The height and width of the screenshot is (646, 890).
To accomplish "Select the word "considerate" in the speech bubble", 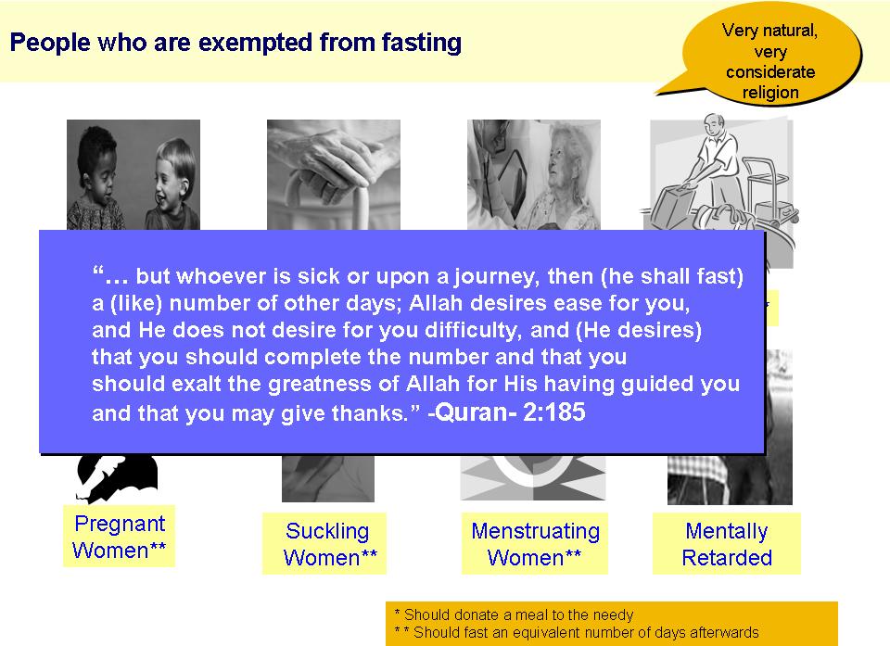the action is (770, 72).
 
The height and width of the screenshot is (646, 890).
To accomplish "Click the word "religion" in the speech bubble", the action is (770, 92).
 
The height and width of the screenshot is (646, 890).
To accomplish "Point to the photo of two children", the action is (133, 175).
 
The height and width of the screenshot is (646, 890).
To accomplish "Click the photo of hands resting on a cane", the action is (334, 175).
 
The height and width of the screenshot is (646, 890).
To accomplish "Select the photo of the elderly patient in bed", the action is (534, 175).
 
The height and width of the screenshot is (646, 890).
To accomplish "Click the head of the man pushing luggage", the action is (715, 125).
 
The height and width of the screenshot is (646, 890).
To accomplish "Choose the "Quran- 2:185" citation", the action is (506, 412).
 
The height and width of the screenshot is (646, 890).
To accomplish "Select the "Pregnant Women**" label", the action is (120, 537).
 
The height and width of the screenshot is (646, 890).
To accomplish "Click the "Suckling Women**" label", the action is (328, 544).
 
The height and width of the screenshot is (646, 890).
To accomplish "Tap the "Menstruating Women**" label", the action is (535, 544).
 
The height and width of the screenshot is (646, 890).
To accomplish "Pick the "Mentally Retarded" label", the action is (727, 544).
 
